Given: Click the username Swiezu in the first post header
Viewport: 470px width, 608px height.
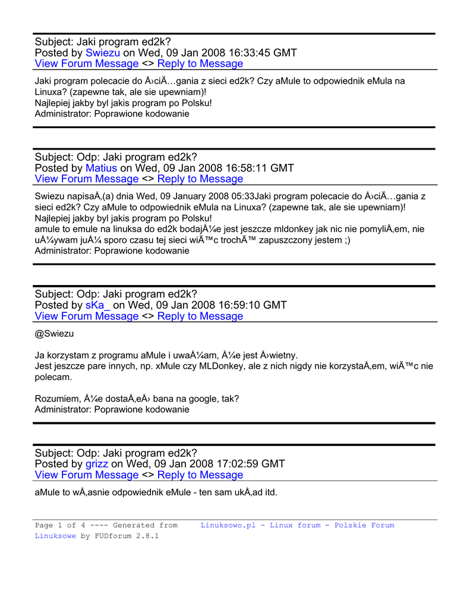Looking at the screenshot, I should click(x=103, y=53).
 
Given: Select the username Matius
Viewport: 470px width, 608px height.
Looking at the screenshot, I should click(x=101, y=168).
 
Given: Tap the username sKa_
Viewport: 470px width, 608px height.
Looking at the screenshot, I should click(x=98, y=305).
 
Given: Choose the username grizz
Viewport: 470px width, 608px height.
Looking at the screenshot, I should click(x=97, y=464).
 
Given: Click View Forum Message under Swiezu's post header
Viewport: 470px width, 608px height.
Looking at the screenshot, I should click(x=87, y=64).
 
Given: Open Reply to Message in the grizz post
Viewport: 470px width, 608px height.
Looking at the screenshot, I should click(x=200, y=475).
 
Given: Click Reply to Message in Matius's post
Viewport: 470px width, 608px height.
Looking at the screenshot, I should click(x=200, y=179).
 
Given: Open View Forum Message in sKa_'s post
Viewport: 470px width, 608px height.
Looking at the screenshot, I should click(x=87, y=316).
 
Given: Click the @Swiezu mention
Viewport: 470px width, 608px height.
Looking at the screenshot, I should click(x=55, y=334).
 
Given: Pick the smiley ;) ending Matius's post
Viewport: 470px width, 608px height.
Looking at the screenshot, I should click(x=346, y=240).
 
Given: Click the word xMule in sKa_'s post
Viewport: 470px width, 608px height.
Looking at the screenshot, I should click(x=171, y=366).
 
